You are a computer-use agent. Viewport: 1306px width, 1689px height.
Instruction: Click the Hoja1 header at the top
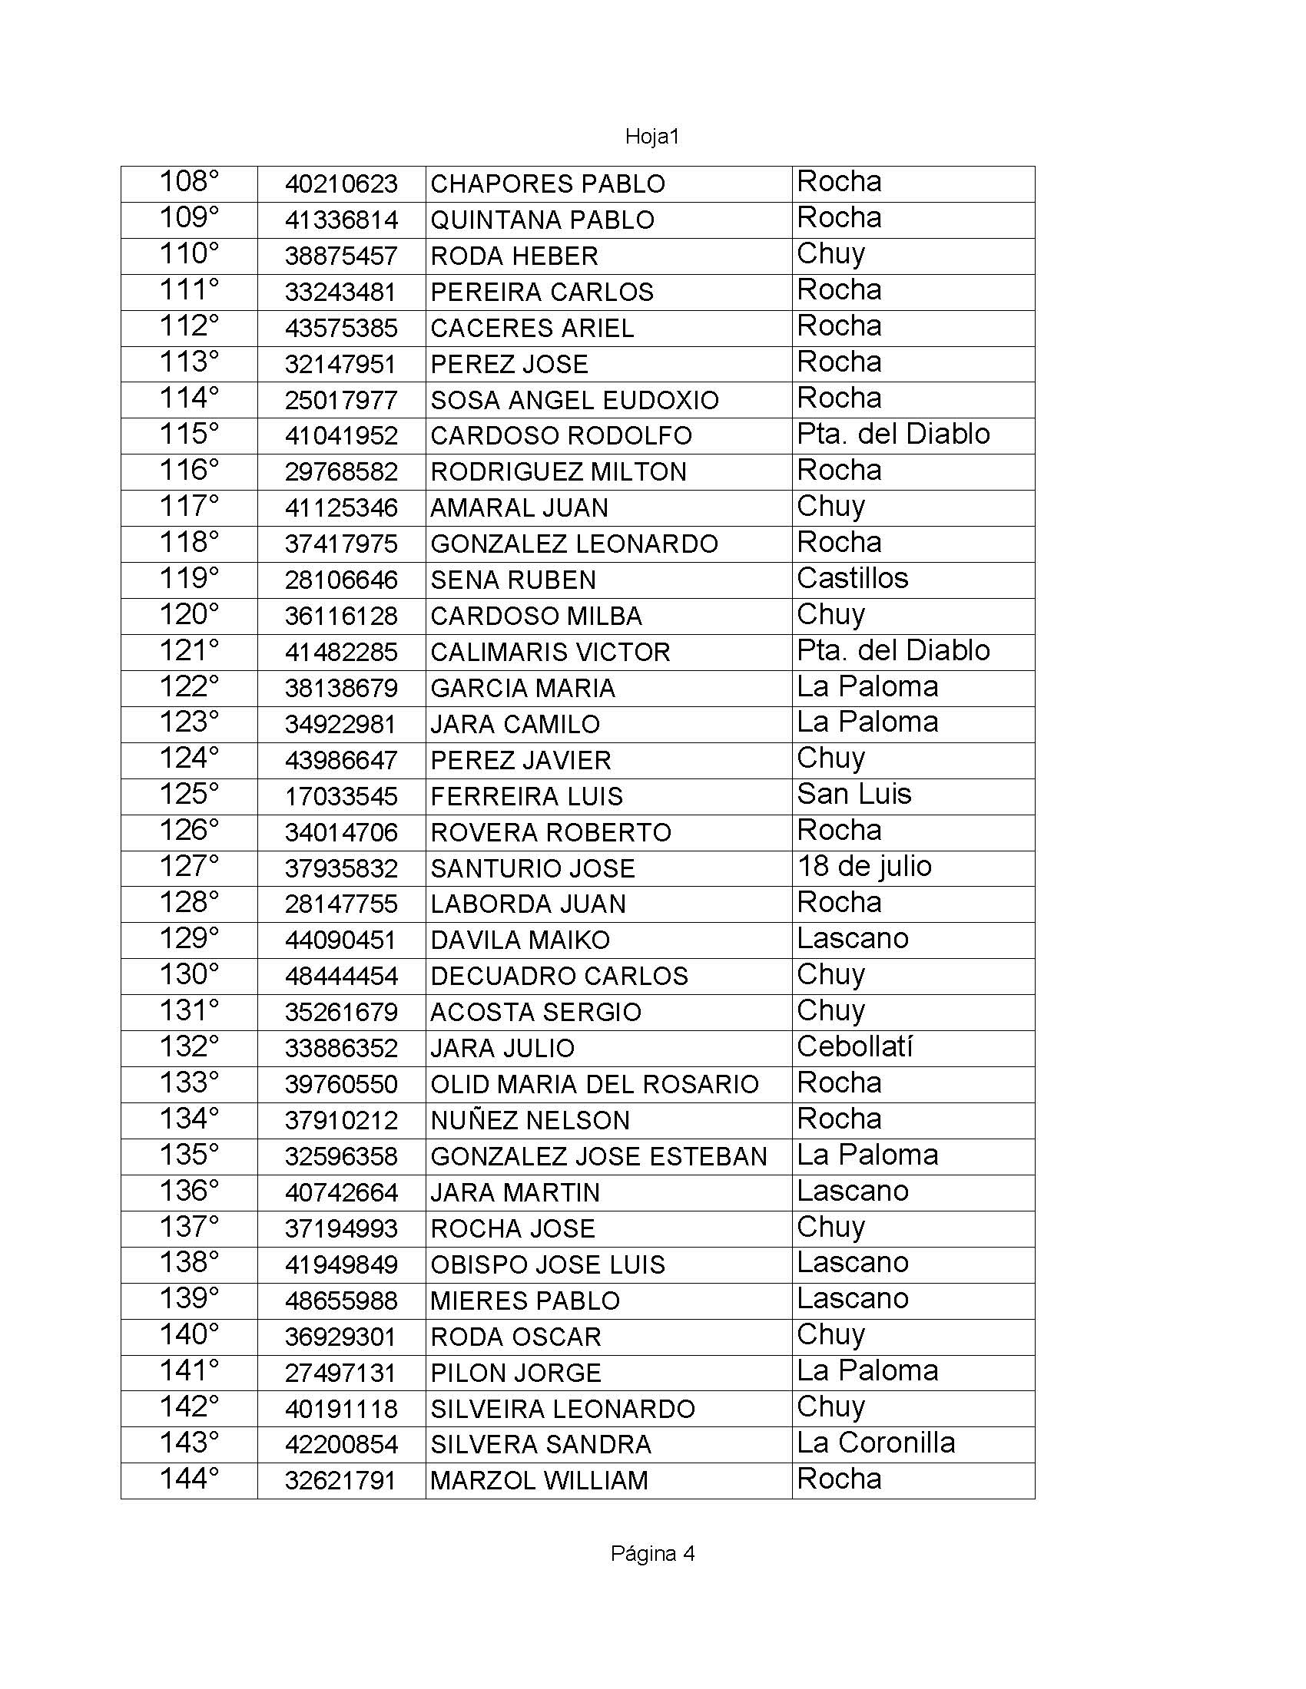point(651,137)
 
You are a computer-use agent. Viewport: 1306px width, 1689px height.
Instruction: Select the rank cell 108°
point(189,183)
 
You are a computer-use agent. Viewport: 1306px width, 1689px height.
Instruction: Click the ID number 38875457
point(340,256)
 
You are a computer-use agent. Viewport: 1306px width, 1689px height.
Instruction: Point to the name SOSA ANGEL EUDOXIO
point(574,400)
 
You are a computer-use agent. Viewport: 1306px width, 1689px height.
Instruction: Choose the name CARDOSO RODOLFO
point(561,435)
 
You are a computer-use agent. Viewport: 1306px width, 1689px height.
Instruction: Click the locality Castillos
point(852,578)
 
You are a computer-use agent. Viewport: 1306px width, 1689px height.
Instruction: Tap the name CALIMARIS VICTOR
point(550,652)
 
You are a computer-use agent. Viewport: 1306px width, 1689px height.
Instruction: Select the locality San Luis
point(854,795)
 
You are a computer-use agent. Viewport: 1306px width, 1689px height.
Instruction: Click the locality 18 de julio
point(863,866)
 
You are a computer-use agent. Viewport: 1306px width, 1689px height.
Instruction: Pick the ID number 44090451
point(340,940)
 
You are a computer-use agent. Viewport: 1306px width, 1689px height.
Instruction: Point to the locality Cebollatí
point(854,1046)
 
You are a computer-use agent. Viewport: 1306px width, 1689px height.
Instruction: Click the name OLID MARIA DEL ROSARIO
point(594,1084)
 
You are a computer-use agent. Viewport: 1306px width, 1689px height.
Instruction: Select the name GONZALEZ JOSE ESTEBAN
point(598,1156)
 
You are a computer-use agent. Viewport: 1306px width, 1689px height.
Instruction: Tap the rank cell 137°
point(189,1228)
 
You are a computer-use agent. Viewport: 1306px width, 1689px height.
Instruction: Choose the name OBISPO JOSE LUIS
point(547,1264)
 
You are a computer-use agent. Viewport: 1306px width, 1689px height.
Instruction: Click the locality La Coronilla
point(875,1443)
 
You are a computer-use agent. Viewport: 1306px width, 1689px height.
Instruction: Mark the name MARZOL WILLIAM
point(539,1480)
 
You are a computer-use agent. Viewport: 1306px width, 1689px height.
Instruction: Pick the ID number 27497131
point(340,1373)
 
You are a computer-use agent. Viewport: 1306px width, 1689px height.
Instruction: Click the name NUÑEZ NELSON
point(530,1120)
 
